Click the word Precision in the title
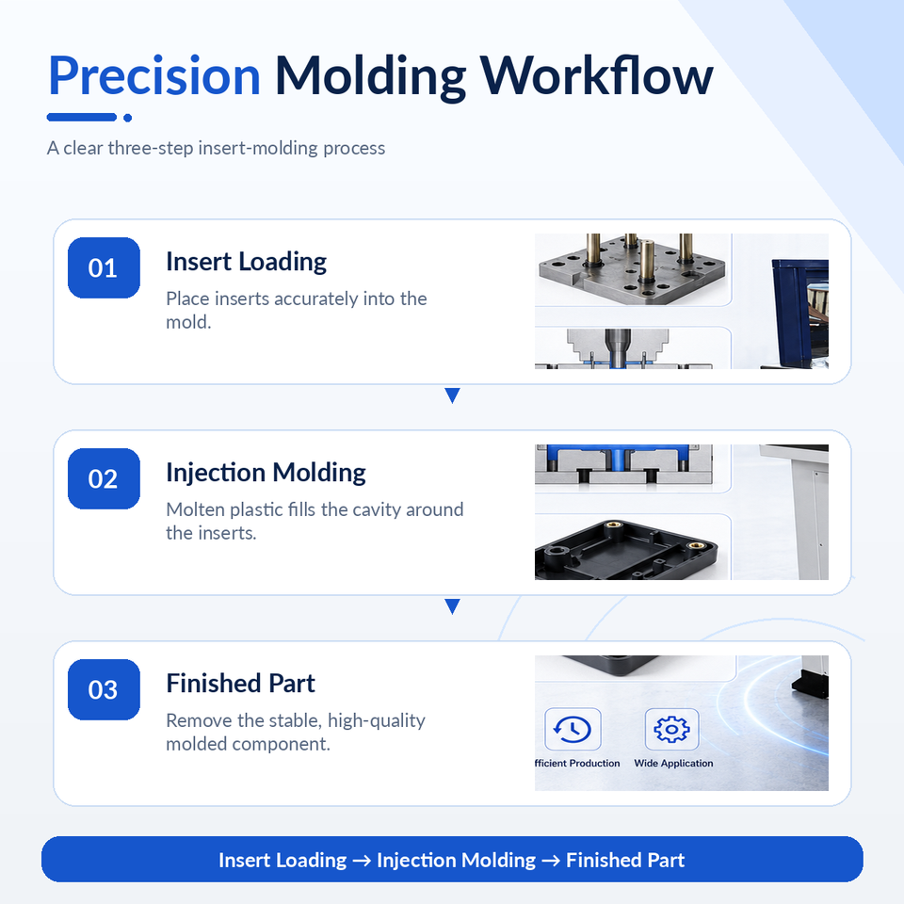coord(154,75)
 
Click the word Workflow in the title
coord(597,75)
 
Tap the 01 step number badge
coord(104,267)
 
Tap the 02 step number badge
coord(104,478)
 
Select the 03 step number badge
coord(104,689)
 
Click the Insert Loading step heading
coord(246,263)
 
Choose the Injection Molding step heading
coord(266,474)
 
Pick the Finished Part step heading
coord(240,684)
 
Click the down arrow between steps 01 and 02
coord(453,395)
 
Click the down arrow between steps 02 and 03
coord(453,606)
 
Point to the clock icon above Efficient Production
coord(573,729)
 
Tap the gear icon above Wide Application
coord(671,729)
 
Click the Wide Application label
coord(673,764)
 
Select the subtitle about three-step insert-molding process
coord(216,148)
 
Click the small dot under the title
coord(127,118)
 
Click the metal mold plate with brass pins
coord(632,269)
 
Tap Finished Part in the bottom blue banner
coord(625,860)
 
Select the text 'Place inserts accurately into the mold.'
coord(297,310)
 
